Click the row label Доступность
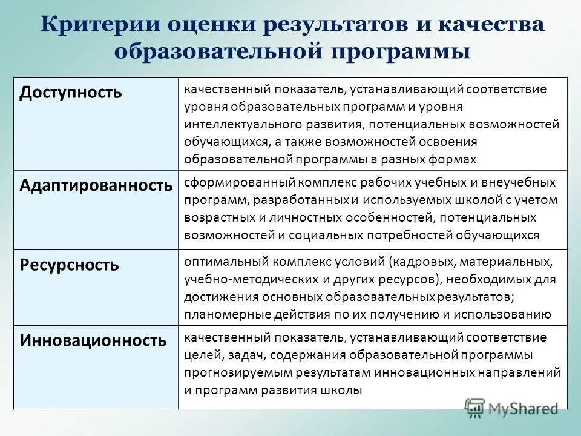tap(71, 92)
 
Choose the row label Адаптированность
tap(96, 185)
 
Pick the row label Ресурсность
tap(69, 265)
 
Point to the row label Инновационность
tap(93, 340)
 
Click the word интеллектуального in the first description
tap(235, 124)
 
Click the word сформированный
tap(229, 182)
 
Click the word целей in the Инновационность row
tap(200, 355)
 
